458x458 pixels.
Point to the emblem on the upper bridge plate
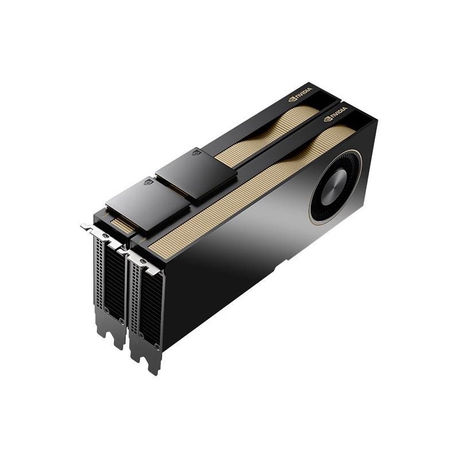click(x=196, y=153)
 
